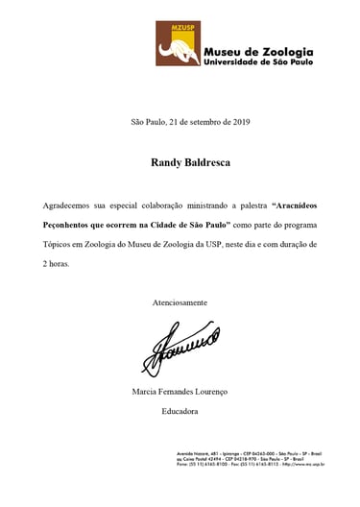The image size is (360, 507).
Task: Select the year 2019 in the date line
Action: [x=235, y=122]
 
